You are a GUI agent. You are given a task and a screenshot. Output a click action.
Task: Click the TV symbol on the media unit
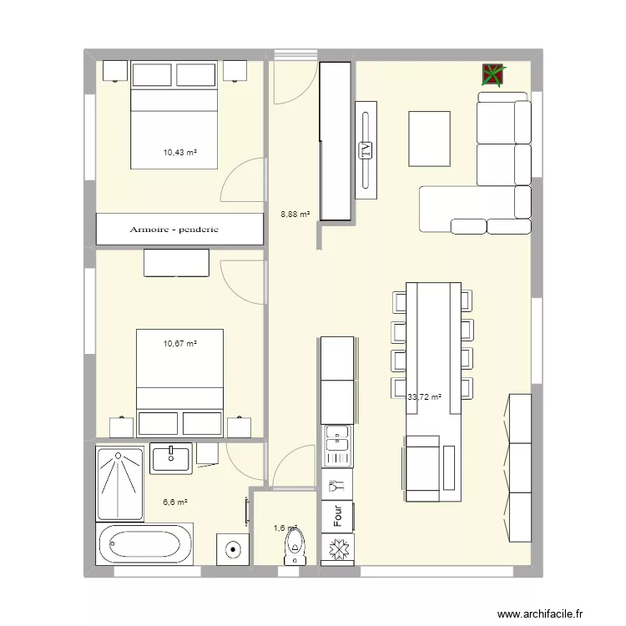(x=366, y=150)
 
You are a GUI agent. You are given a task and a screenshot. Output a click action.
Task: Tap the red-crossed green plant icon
(x=493, y=75)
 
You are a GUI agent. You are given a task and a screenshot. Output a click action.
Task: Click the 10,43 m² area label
(x=179, y=153)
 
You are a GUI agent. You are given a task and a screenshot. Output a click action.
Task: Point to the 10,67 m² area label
(x=179, y=343)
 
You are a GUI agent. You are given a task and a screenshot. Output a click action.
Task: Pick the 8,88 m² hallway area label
(x=295, y=215)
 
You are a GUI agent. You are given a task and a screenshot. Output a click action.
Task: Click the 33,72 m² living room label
(x=424, y=397)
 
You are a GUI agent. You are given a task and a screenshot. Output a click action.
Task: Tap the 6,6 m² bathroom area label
(x=174, y=502)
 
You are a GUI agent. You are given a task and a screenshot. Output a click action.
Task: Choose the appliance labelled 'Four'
(x=338, y=515)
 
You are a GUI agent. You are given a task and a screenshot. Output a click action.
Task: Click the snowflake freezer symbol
(x=339, y=551)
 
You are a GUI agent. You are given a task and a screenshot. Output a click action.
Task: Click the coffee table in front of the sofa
(x=432, y=139)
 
